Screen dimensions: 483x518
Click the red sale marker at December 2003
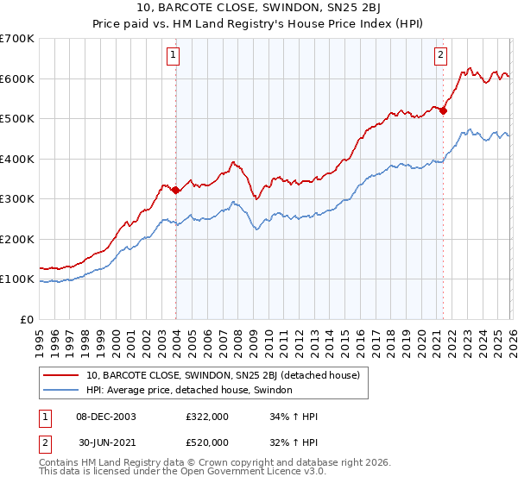pos(176,190)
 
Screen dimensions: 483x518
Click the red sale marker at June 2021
pos(444,110)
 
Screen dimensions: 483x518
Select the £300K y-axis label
pos(17,199)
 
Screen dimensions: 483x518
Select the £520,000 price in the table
pos(206,442)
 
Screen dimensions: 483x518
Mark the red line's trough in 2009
pos(256,198)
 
